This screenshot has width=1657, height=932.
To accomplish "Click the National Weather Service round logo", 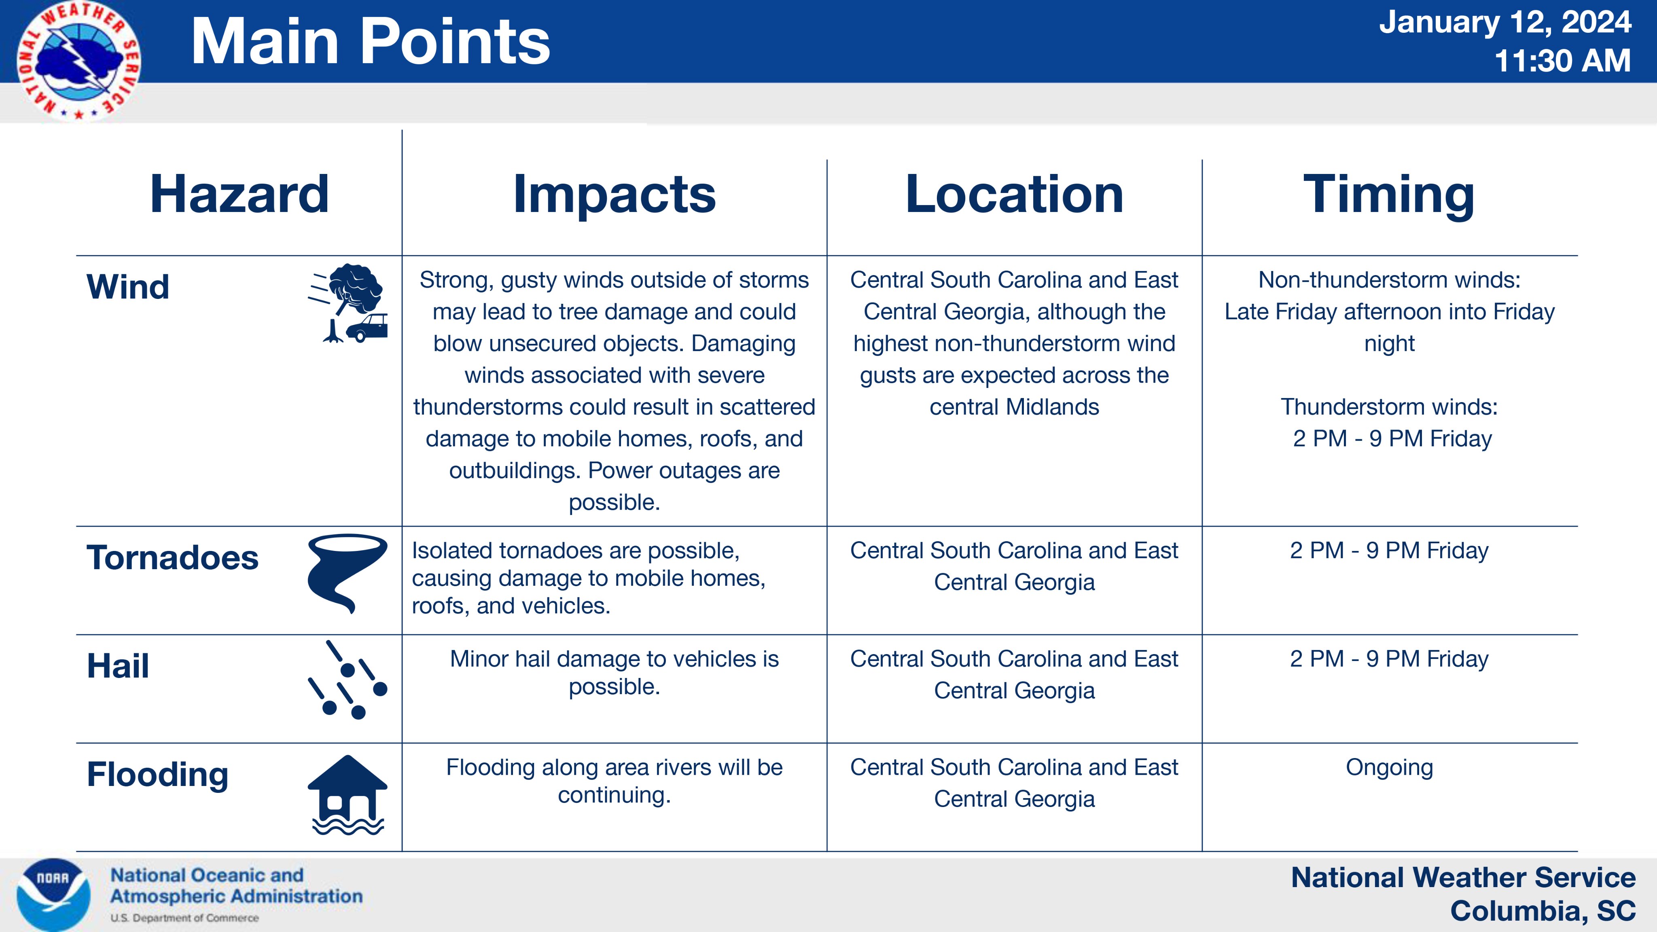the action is click(78, 61).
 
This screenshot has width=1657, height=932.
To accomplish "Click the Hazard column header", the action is click(239, 194).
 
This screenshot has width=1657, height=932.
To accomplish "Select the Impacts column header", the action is click(614, 194).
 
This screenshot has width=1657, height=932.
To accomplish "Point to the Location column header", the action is click(1015, 194).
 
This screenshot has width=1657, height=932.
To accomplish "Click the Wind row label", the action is click(128, 287).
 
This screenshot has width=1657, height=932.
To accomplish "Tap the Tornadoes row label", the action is click(172, 558).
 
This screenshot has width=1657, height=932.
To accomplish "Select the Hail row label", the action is click(118, 666).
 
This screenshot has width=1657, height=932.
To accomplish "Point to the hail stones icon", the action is click(348, 679).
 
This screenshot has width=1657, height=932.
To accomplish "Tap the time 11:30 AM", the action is click(1562, 61).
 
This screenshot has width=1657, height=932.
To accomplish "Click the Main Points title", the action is click(371, 41).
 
